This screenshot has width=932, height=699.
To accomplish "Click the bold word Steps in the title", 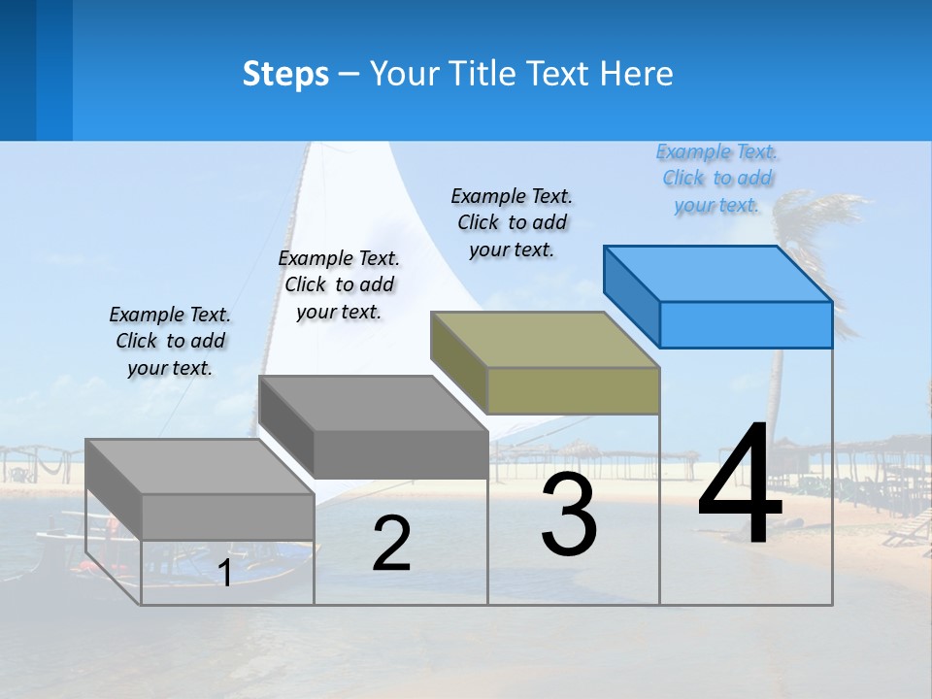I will [285, 74].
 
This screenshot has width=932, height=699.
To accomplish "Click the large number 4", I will [740, 485].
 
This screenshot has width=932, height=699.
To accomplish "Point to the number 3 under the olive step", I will [569, 515].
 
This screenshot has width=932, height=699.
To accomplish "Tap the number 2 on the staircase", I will [391, 545].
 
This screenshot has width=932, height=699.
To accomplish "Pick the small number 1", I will [225, 574].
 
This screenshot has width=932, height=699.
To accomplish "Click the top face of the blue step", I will [718, 273].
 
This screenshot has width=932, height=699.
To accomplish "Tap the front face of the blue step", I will [746, 324].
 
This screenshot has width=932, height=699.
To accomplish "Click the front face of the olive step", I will [573, 391].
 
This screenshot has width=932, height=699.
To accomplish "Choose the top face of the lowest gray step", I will [199, 466].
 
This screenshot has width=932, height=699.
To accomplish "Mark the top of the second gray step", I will [373, 403].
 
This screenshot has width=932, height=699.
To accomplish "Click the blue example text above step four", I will [717, 179].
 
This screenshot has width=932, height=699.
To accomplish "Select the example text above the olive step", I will [512, 223].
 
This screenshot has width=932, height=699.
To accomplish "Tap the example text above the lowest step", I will [170, 341].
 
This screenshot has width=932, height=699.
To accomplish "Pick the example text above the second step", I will [339, 284].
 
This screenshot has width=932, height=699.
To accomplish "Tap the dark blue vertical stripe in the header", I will [54, 70].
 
